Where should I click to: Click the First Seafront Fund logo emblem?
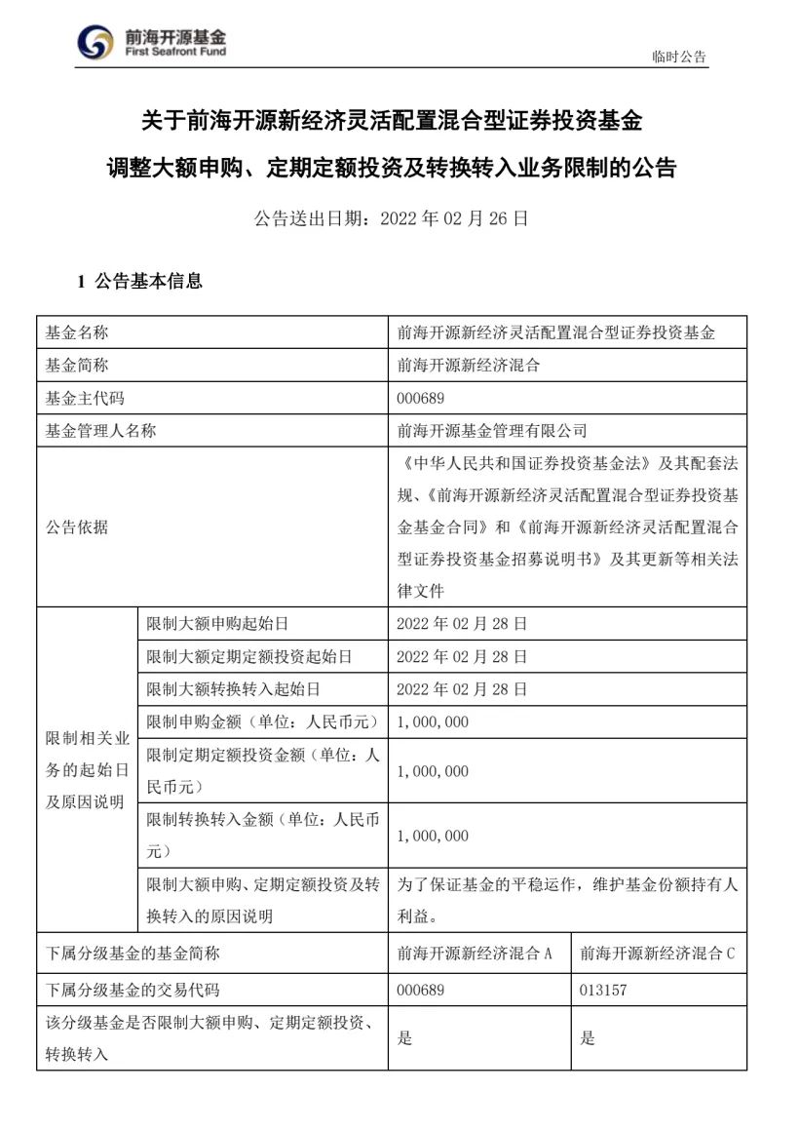pos(95,42)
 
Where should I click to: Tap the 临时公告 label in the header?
pos(679,57)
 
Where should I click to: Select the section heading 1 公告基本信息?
pos(140,282)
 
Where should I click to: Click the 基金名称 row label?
pos(77,332)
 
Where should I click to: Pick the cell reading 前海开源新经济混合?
pos(469,366)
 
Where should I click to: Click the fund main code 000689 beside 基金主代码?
pos(421,398)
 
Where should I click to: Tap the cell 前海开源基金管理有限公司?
pos(492,430)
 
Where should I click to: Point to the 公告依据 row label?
pos(77,527)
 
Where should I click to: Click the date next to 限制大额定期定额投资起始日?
pos(462,656)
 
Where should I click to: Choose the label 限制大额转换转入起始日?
pos(233,689)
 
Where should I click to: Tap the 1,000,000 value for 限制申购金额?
pos(434,721)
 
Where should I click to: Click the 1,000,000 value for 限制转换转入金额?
pos(434,836)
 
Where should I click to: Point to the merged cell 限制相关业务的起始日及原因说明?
pos(87,770)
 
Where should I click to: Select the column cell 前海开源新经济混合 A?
pos(476,954)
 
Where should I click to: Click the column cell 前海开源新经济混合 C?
pos(658,954)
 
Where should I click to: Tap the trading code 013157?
pos(603,990)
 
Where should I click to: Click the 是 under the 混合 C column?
pos(588,1038)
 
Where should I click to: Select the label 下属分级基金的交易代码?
pos(133,990)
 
